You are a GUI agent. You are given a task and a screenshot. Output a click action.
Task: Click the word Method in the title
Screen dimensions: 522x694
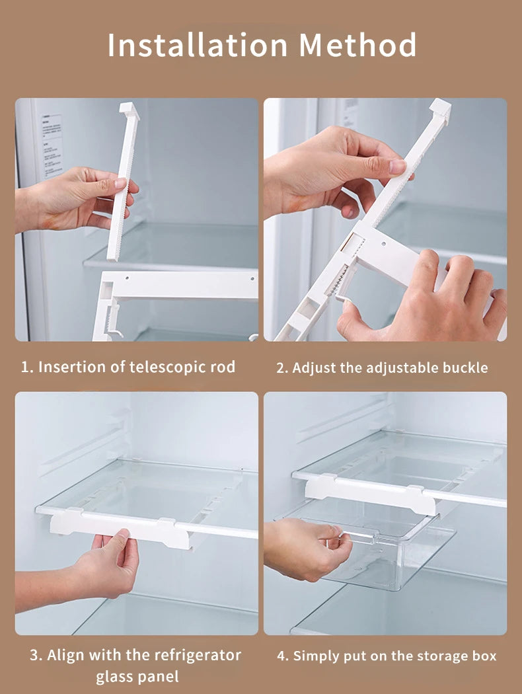point(358,45)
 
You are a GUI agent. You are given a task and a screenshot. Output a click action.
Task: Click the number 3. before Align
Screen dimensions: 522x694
point(36,655)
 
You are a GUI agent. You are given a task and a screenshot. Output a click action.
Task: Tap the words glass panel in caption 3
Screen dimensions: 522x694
point(137,677)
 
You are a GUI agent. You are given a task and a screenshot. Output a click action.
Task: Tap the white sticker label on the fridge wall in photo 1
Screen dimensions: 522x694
point(52,146)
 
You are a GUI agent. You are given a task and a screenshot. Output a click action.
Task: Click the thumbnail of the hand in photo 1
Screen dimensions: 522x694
point(120,183)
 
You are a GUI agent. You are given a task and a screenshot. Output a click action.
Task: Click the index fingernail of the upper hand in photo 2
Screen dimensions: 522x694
point(398,167)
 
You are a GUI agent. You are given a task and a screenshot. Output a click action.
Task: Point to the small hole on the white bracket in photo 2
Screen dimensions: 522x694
point(383,243)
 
